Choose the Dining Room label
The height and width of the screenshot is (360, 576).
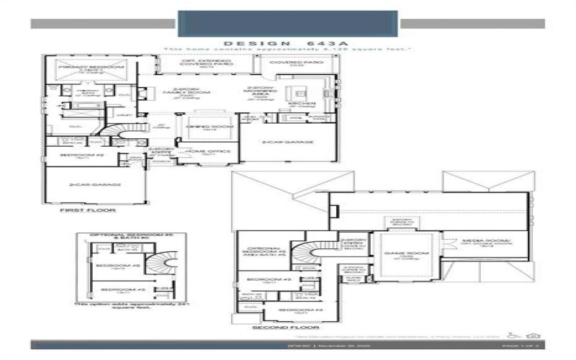click(x=202, y=127)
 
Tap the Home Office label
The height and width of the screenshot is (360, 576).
click(x=204, y=152)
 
